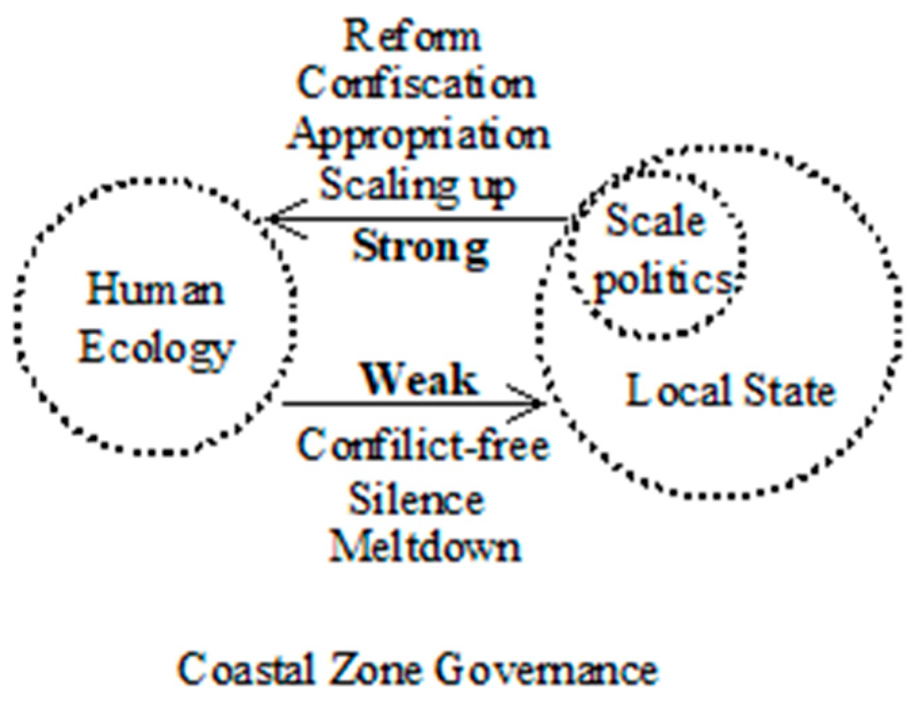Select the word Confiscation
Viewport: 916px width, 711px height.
tap(417, 84)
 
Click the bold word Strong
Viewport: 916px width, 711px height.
tap(420, 250)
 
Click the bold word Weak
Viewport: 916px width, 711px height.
tap(419, 380)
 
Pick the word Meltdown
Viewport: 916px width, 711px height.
tap(424, 547)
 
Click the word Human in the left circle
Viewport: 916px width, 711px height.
tap(155, 290)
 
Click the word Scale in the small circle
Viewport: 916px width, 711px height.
tap(656, 221)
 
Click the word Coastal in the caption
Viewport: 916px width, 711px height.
tap(247, 670)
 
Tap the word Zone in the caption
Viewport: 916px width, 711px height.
tap(375, 670)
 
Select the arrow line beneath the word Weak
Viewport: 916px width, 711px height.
tap(413, 404)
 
